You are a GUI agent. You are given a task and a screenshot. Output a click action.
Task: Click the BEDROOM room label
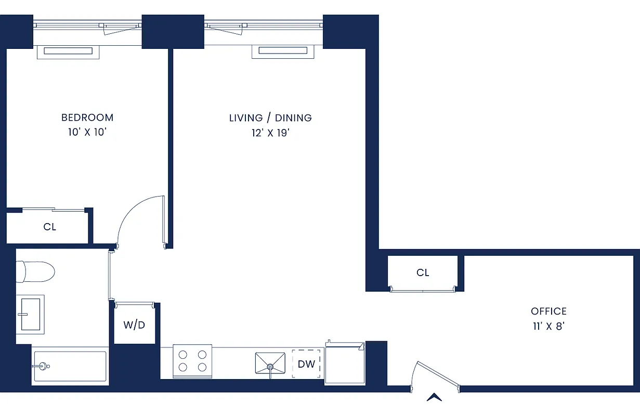point(87,118)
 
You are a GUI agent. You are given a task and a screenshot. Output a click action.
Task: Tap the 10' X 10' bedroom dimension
point(87,132)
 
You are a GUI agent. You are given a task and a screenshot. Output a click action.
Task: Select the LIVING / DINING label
point(270,118)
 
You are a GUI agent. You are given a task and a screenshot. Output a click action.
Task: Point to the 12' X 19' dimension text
point(270,133)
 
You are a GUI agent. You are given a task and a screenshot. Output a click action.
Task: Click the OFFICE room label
point(548,311)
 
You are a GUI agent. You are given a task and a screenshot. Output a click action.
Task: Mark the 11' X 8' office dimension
point(548,327)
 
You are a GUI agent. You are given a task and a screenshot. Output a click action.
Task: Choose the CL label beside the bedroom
point(49,227)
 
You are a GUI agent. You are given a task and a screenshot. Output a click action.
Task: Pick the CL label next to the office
point(423,272)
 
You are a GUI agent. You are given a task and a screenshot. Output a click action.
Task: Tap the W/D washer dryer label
point(134,325)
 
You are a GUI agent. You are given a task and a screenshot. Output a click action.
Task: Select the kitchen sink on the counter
point(270,362)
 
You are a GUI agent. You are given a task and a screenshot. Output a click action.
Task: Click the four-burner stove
point(192,361)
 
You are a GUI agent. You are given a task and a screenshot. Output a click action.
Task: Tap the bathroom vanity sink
point(31,314)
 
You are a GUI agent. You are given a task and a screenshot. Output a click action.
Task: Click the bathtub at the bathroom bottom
point(70,367)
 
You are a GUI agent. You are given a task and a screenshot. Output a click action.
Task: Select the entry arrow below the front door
point(434,397)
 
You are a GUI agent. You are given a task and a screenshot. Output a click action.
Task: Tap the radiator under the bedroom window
point(68,51)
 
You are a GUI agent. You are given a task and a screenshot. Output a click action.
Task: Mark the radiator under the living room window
point(283,51)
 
